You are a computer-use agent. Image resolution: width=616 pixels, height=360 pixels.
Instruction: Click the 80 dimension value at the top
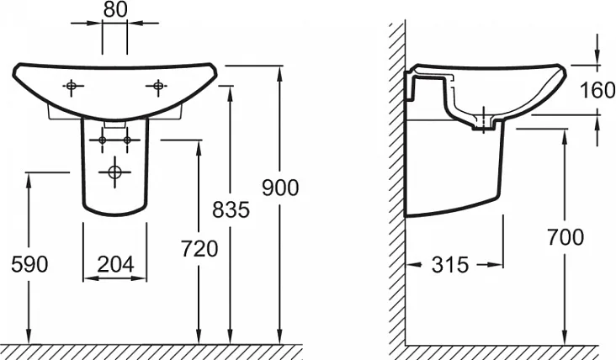point(115,9)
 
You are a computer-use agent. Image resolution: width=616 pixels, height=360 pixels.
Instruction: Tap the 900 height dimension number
point(280,188)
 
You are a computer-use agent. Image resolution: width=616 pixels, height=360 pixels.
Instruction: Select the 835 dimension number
point(231,209)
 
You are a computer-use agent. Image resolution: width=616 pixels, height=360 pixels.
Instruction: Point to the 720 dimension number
point(199,248)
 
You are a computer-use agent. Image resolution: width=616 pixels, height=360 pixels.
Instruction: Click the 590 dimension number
point(29,264)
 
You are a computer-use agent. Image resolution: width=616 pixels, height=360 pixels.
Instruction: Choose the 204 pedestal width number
point(115,264)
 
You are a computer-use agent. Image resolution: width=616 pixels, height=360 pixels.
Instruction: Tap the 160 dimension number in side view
point(597,90)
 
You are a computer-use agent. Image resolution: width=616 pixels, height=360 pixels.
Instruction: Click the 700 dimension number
point(566,237)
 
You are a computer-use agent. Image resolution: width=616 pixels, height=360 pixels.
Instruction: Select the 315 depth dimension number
point(450,265)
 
